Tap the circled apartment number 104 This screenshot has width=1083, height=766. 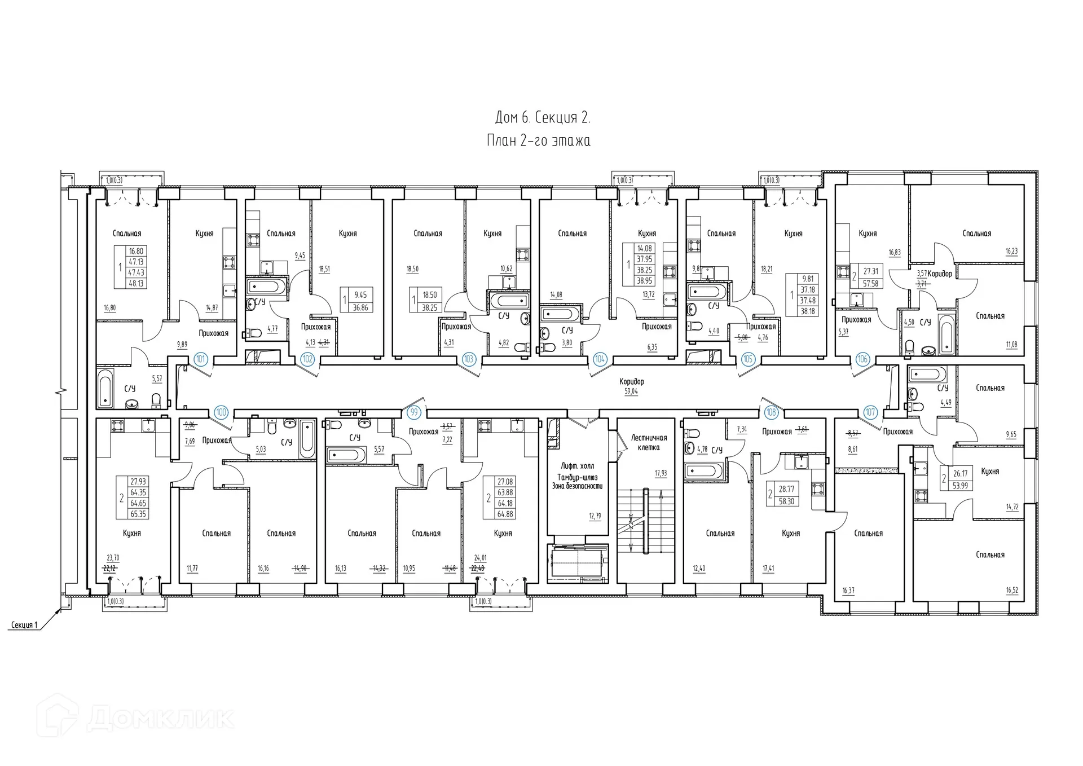600,359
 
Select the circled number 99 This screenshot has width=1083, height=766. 415,412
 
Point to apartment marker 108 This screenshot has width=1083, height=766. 771,412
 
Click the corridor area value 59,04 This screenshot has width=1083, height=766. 631,391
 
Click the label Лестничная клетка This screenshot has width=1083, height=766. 649,442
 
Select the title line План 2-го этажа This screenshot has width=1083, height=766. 538,141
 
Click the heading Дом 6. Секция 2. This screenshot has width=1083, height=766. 542,117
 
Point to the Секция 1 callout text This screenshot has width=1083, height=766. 24,625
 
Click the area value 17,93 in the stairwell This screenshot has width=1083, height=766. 661,473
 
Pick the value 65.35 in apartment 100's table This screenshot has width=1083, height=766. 138,514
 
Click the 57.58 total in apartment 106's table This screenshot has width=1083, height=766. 870,284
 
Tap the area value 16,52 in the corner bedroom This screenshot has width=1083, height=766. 1011,591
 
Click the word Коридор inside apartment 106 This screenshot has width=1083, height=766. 940,274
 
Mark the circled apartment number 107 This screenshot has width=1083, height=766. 870,412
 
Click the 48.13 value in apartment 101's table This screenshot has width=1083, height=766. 136,283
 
